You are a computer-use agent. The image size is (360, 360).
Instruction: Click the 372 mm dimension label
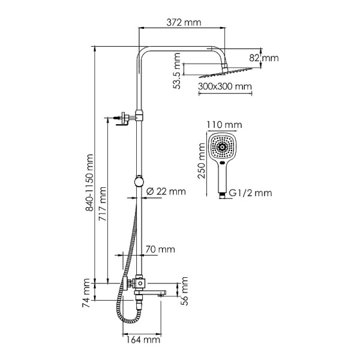(x=184, y=22)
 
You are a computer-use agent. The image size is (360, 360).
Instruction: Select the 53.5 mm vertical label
(x=178, y=71)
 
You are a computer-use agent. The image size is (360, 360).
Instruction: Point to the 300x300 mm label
(x=224, y=86)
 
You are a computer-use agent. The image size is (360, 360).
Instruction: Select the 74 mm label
(x=85, y=289)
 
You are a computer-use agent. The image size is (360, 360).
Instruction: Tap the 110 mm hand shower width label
(x=223, y=125)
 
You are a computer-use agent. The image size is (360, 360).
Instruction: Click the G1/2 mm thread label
(x=250, y=193)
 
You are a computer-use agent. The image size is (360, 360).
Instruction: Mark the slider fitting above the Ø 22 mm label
(x=139, y=181)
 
